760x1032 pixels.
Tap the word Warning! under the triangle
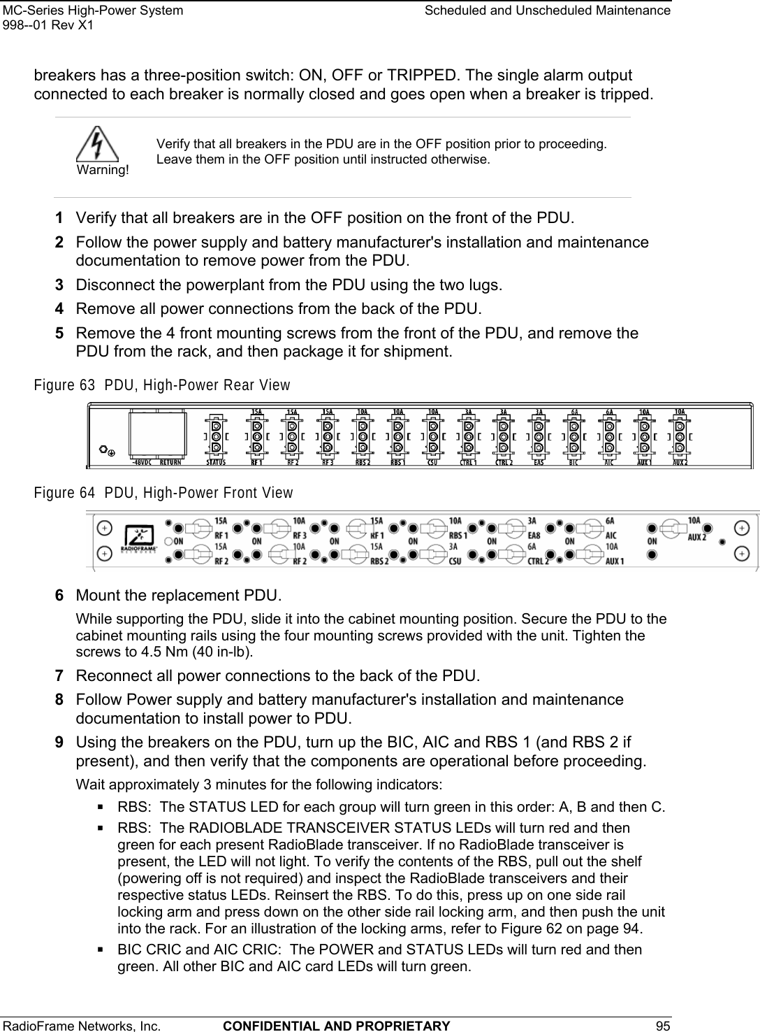pos(103,171)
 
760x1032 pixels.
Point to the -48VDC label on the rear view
pos(142,462)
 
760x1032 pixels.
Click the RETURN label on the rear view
pos(172,462)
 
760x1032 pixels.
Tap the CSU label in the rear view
pos(433,462)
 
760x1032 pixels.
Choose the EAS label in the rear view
pos(539,462)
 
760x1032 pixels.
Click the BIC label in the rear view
pos(574,462)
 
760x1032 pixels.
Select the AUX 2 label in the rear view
pos(680,462)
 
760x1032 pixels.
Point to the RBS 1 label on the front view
pos(458,529)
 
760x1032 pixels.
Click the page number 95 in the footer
pos(663,1026)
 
